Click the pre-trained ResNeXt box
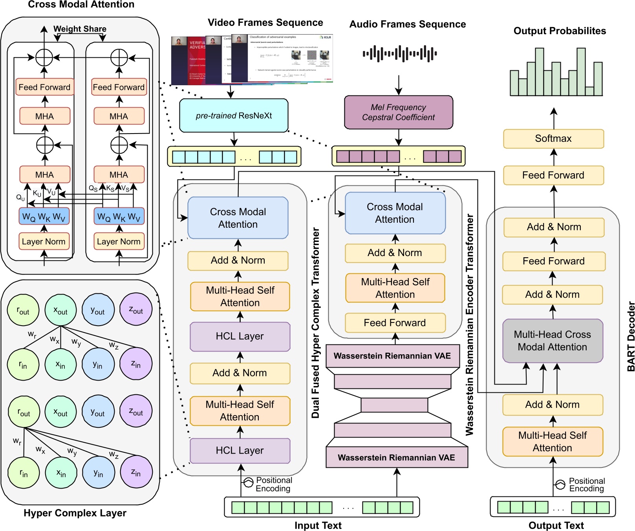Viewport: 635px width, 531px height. (234, 116)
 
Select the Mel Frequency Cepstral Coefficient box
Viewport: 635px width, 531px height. (398, 112)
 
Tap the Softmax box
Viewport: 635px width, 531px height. (553, 139)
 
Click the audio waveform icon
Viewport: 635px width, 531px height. (399, 53)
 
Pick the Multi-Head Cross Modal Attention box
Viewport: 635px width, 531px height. (552, 341)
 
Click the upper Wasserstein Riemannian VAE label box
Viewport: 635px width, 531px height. (392, 356)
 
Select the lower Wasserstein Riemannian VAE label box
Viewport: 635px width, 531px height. (396, 458)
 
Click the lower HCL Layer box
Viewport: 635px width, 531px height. (240, 450)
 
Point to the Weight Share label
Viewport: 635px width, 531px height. (80, 29)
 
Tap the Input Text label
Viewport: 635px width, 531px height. (318, 526)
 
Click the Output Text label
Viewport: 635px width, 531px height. (556, 526)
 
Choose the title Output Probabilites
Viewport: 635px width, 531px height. (559, 31)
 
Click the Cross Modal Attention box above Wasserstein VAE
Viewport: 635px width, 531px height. (395, 213)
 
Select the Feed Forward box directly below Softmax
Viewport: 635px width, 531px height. (553, 175)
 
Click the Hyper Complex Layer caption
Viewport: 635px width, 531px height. (75, 513)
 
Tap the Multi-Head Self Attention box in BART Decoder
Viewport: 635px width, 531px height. (552, 441)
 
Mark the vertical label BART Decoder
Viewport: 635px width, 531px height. (631, 336)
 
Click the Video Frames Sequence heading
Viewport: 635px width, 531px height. (265, 23)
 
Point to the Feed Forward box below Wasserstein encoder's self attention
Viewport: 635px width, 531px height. (395, 323)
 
